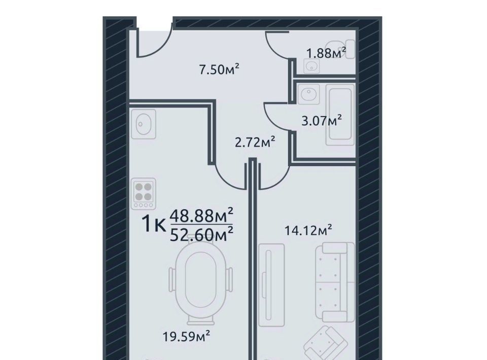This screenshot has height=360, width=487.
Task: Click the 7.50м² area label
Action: (x=219, y=69)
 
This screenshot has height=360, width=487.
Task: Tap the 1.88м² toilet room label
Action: (x=326, y=53)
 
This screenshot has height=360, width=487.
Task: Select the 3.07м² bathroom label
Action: (x=322, y=120)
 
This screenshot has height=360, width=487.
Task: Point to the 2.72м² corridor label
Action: (x=255, y=142)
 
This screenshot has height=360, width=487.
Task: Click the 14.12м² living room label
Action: (x=308, y=231)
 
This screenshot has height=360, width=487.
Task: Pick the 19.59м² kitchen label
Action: (x=186, y=336)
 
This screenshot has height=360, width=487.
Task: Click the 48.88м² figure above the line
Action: (x=201, y=215)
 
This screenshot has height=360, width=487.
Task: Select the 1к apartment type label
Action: (x=154, y=225)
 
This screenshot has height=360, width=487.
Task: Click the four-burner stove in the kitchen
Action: (x=144, y=194)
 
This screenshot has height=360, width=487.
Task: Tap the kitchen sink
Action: (x=144, y=124)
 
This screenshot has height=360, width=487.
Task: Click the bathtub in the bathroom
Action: (x=340, y=115)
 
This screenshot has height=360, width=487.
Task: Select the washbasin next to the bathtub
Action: (x=308, y=94)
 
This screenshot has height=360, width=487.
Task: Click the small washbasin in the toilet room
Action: (x=311, y=66)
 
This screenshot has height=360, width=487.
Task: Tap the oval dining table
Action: (x=200, y=284)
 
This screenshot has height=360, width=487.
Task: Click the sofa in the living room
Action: (x=335, y=282)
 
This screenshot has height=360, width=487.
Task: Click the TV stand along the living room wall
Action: (x=271, y=285)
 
